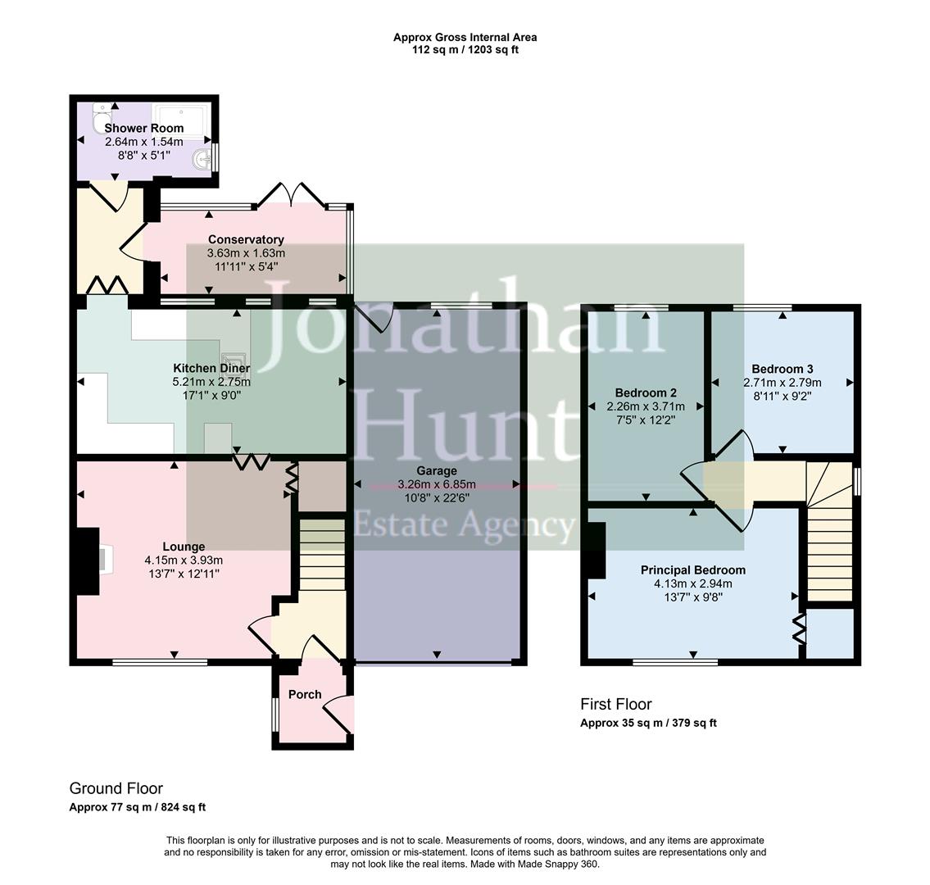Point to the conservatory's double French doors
pyautogui.click(x=290, y=194)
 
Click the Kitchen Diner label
pyautogui.click(x=211, y=368)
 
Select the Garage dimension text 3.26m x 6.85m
pyautogui.click(x=436, y=484)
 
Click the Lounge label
pyautogui.click(x=184, y=547)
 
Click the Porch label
pyautogui.click(x=305, y=695)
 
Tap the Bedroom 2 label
pyautogui.click(x=646, y=393)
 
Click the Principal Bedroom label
pyautogui.click(x=692, y=570)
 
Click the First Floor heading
pyautogui.click(x=615, y=704)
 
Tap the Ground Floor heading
pyautogui.click(x=116, y=788)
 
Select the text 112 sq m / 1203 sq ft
pyautogui.click(x=465, y=50)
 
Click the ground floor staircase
pyautogui.click(x=320, y=553)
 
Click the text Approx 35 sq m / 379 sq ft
pyautogui.click(x=648, y=723)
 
